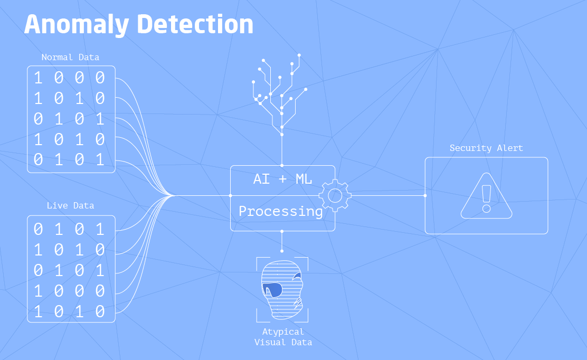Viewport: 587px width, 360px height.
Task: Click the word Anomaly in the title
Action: coord(77,25)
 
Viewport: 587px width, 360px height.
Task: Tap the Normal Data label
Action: coord(70,57)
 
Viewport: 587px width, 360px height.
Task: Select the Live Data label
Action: coord(70,205)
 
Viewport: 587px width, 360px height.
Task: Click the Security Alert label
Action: coord(486,148)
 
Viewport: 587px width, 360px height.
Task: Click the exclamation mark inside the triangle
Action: coord(486,198)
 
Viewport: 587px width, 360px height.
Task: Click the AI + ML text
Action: coord(282,179)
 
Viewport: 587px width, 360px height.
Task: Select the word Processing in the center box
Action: coord(281,212)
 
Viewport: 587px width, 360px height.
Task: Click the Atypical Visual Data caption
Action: coord(283,337)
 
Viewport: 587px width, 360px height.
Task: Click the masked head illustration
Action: coord(282,290)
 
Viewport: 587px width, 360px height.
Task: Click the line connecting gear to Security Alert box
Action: coord(388,195)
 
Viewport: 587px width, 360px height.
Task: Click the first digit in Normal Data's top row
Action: coord(38,78)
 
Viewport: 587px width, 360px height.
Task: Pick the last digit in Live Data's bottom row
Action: coord(100,311)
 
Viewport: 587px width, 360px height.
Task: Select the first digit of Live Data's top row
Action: coord(38,229)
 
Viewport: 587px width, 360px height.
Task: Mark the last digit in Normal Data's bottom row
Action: coord(100,160)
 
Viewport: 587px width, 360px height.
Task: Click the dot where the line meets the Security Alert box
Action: coord(425,195)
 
